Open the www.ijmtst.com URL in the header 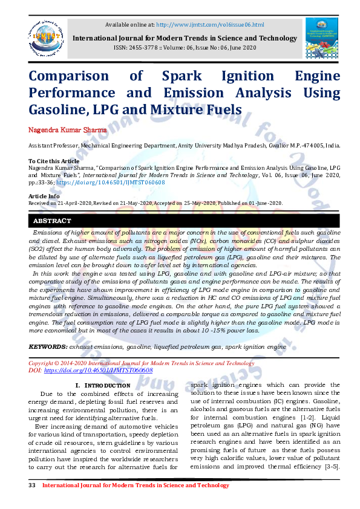(210, 24)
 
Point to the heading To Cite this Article (54, 161)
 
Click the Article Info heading (44, 196)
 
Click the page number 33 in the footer (32, 485)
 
